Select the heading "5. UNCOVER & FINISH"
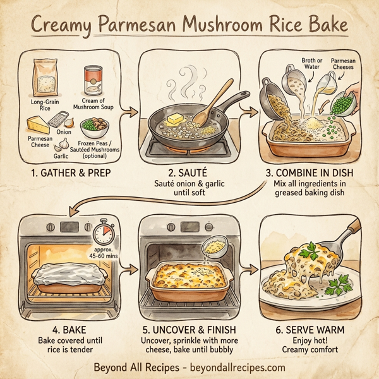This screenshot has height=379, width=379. click(189, 329)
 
